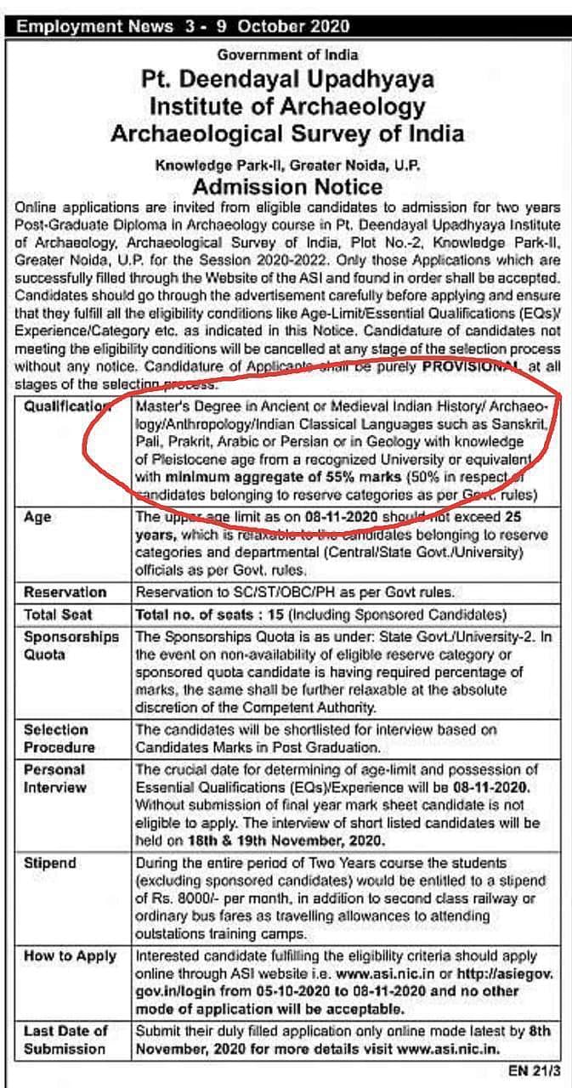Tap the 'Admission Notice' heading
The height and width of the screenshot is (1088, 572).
click(x=287, y=185)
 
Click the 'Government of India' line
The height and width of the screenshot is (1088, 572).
click(x=287, y=54)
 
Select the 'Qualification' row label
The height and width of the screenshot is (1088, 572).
click(x=66, y=406)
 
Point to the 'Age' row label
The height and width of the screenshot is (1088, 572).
click(x=37, y=517)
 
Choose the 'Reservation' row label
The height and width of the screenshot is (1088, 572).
click(x=65, y=592)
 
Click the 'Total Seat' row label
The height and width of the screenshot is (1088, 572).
click(x=59, y=614)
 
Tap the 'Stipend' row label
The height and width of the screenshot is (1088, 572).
click(x=50, y=863)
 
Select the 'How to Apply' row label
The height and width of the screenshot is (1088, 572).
click(x=70, y=955)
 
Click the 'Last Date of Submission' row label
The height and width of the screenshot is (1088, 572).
click(x=66, y=1040)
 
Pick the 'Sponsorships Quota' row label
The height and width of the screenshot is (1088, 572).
click(x=71, y=645)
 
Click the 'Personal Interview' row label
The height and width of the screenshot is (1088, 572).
click(x=55, y=778)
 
